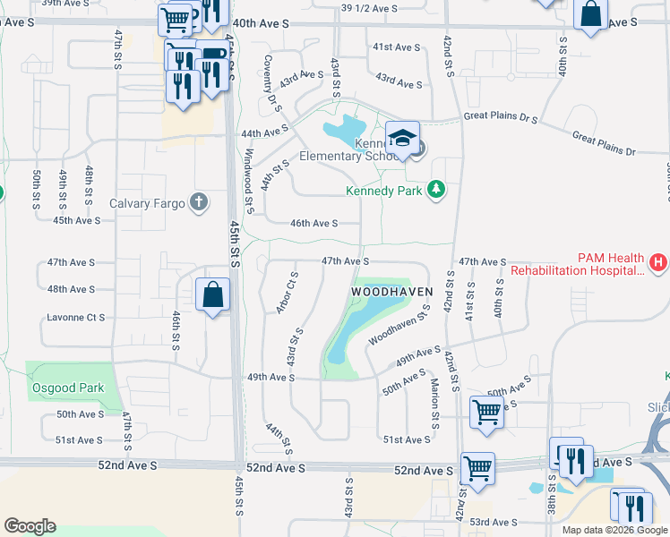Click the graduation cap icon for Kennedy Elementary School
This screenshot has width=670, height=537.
(403, 139)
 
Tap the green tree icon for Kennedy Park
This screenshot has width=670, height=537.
(436, 189)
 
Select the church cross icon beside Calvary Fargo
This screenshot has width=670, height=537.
(199, 203)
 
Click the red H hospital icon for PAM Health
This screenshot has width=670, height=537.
(658, 262)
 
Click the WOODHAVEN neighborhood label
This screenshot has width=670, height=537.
(391, 292)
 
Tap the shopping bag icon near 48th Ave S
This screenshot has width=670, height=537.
(213, 294)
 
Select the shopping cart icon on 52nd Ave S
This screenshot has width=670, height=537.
(477, 468)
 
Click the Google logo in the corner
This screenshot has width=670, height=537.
(30, 526)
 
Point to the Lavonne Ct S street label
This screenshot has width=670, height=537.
(76, 318)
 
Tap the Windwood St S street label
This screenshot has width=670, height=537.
(246, 166)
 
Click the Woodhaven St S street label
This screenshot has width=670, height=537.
(394, 330)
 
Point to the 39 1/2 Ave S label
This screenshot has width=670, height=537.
(369, 8)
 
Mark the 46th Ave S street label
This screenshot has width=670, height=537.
(313, 224)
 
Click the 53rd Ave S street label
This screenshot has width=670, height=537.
(493, 522)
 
